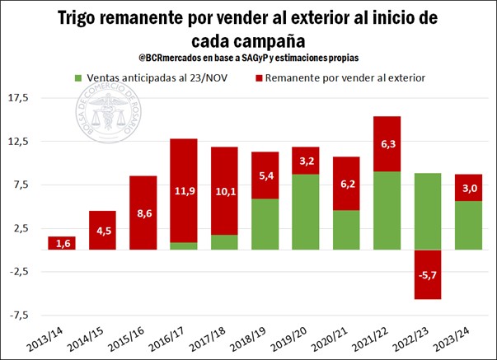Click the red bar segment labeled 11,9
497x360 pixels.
184,190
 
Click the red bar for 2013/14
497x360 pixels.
62,243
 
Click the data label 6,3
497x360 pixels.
387,144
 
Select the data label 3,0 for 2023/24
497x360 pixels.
468,188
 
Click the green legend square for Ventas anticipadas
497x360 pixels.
77,78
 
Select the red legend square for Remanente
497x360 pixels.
259,78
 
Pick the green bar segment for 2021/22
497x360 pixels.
387,210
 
